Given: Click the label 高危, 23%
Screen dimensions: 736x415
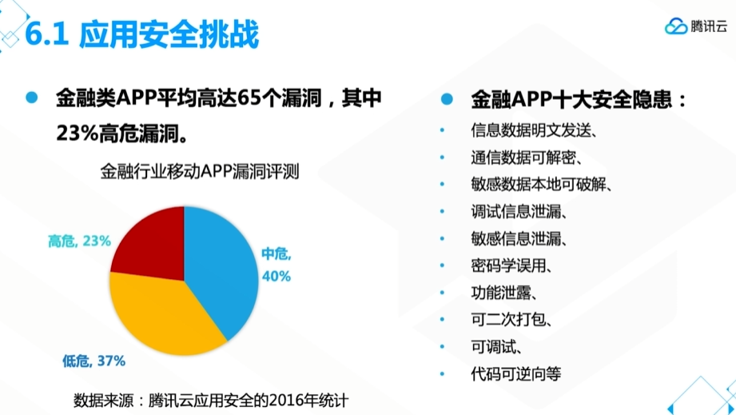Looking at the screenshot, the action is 79,241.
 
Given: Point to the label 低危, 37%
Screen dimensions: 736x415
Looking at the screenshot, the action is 93,361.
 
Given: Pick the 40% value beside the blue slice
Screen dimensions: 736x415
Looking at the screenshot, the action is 276,276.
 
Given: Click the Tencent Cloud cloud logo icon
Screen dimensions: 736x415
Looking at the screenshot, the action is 676,26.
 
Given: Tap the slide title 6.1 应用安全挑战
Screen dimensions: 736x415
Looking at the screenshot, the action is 141,34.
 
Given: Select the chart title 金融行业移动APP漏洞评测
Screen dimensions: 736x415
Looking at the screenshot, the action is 200,171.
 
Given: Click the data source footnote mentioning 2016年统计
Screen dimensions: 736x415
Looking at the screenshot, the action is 211,401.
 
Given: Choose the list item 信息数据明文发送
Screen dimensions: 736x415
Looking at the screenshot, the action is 534,130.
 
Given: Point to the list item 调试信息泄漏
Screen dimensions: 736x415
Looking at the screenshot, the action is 519,212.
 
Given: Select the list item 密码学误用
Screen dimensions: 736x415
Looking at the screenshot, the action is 511,265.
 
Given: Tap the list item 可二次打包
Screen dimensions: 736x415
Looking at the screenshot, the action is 511,320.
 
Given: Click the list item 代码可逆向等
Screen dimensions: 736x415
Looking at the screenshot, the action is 516,373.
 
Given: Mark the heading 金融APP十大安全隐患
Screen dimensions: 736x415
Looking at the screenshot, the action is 579,99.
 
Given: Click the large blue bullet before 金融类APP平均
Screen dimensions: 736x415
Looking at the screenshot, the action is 32,98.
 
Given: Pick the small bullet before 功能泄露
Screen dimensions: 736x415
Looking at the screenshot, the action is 442,293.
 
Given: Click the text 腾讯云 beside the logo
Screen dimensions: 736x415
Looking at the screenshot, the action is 709,26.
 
